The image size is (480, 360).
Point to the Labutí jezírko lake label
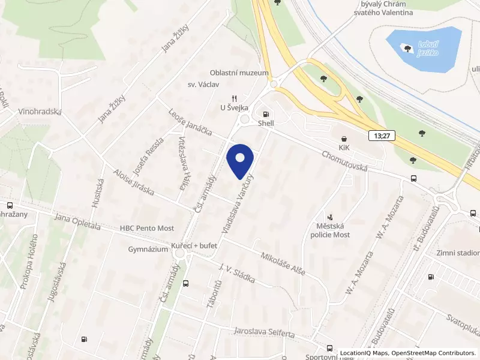click(424, 49)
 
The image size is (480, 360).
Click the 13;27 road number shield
click(382, 136)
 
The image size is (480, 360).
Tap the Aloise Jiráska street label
click(133, 182)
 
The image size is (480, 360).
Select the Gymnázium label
click(148, 250)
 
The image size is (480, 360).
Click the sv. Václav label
click(200, 85)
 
